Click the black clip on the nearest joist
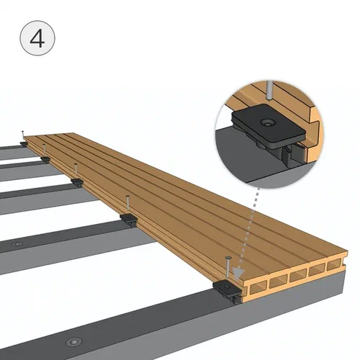point(227,291)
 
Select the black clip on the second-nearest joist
point(129,220)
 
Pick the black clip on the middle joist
point(77,182)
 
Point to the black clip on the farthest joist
point(24,143)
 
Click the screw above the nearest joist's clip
point(228,269)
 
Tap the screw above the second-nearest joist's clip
point(127,205)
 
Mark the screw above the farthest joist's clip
point(23,136)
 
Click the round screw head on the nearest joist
point(74,342)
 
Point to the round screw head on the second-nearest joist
point(17,244)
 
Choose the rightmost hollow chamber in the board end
point(334,265)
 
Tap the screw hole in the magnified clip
point(268,122)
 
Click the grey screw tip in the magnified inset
point(270,91)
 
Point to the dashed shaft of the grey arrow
point(250,228)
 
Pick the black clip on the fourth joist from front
point(45,159)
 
